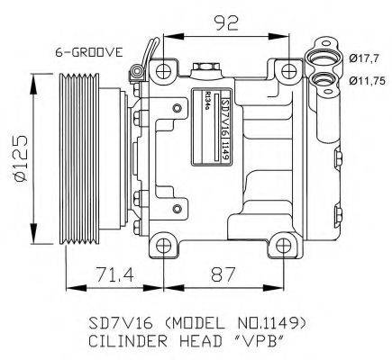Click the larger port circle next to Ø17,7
click(322, 60)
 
